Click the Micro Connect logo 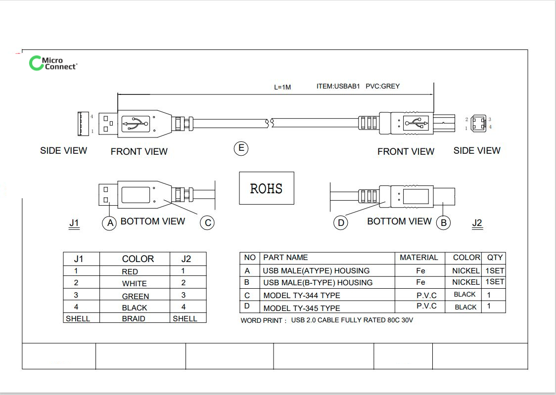(x=53, y=63)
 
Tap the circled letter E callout (x=241, y=148)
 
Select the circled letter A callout (x=110, y=223)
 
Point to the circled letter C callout (x=207, y=223)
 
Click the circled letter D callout (x=341, y=223)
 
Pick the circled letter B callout (x=443, y=223)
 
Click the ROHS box (x=267, y=188)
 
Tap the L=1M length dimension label (x=282, y=87)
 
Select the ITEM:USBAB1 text (x=338, y=86)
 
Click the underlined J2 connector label (x=477, y=223)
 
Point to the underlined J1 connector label (x=74, y=223)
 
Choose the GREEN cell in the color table (x=136, y=296)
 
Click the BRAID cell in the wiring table (x=134, y=318)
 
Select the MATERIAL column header (x=419, y=258)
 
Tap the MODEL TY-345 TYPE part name (x=302, y=308)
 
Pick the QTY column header (x=495, y=258)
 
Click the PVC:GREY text (x=382, y=86)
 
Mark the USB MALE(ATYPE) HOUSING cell (x=316, y=270)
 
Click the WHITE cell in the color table (x=135, y=283)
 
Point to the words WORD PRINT (x=262, y=321)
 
